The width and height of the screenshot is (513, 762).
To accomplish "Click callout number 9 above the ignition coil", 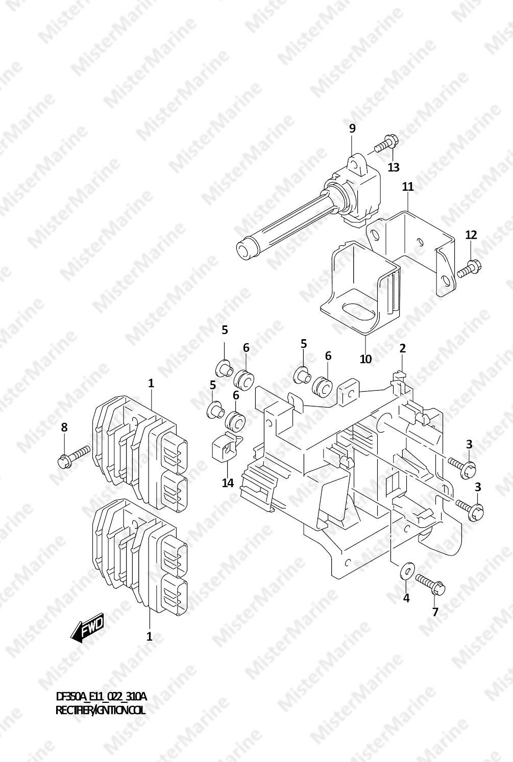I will click(352, 129).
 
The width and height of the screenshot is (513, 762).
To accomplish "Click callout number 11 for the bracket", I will click(407, 187).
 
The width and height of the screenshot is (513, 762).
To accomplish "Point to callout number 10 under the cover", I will click(365, 359).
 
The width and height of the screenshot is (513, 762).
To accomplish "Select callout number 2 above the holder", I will click(403, 348).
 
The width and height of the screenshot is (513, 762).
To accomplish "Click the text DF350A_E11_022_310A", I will click(101, 697).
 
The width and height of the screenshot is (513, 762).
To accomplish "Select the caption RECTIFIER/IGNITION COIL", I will click(100, 710).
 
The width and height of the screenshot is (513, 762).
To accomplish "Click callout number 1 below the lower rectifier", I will click(150, 636).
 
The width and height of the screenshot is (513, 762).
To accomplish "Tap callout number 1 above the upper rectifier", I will click(151, 383).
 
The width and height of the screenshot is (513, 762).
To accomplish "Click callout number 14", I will click(228, 482).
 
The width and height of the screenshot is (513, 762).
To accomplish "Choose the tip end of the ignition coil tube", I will click(246, 249).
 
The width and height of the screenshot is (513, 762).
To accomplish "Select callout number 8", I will click(64, 427).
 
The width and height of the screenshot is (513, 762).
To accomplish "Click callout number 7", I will click(435, 612).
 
